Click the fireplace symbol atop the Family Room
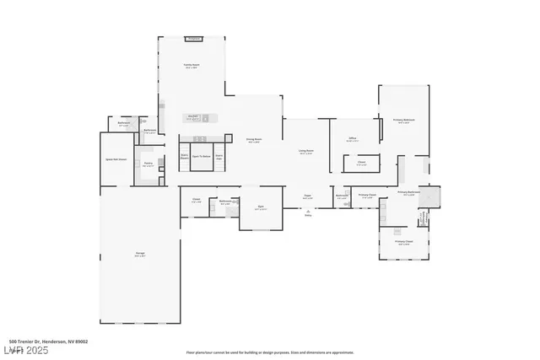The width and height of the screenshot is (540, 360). point(194,39)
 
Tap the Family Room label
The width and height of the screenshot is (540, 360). point(192,65)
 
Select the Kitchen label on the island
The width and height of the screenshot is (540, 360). point(193,116)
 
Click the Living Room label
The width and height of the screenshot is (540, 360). point(305,151)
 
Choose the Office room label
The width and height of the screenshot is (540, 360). point(354,138)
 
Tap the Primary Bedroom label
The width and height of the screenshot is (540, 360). point(404,121)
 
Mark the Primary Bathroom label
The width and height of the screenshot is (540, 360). point(408,192)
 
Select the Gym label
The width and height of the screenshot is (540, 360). point(261,206)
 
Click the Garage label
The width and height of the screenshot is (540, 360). point(139,255)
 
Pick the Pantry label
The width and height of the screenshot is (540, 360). point(148,164)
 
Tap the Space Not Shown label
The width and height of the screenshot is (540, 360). point(116,159)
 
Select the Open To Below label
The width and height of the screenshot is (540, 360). point(201,156)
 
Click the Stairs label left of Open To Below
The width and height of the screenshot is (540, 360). point(184,155)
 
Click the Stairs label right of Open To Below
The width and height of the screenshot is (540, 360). point(219,155)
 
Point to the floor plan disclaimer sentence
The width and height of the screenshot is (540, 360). point(269,352)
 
